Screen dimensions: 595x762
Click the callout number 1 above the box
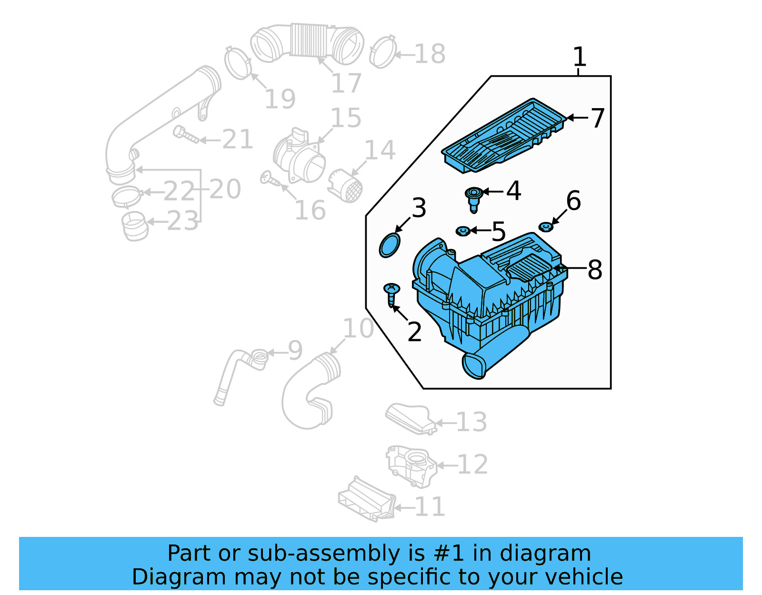pyautogui.click(x=579, y=57)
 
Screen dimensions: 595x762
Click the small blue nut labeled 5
pyautogui.click(x=463, y=231)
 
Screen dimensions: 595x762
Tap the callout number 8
pyautogui.click(x=595, y=270)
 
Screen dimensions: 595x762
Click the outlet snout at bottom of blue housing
pyautogui.click(x=474, y=366)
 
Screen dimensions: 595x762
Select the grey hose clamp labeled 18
pyautogui.click(x=383, y=52)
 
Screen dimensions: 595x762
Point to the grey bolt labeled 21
pyautogui.click(x=185, y=135)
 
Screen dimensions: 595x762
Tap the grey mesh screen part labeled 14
pyautogui.click(x=345, y=186)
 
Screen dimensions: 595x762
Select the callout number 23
pyautogui.click(x=182, y=222)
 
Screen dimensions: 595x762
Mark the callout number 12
pyautogui.click(x=472, y=465)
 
